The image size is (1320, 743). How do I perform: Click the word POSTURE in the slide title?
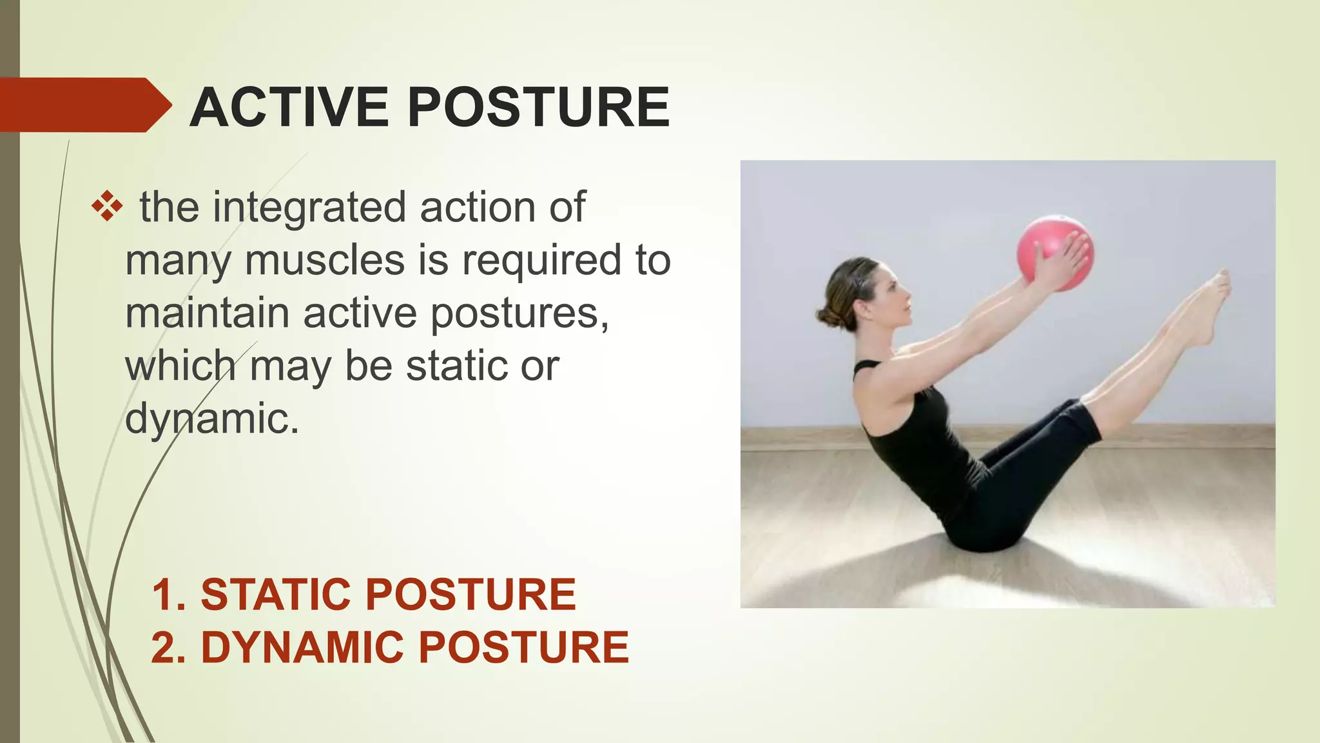pyautogui.click(x=539, y=107)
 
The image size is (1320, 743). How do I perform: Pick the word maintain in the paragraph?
pyautogui.click(x=207, y=313)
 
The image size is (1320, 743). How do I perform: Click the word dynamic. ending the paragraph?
pyautogui.click(x=212, y=419)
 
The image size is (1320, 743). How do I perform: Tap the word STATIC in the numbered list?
pyautogui.click(x=278, y=595)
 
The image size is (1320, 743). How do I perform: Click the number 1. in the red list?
pyautogui.click(x=169, y=595)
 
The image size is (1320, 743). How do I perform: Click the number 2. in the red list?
pyautogui.click(x=169, y=648)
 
